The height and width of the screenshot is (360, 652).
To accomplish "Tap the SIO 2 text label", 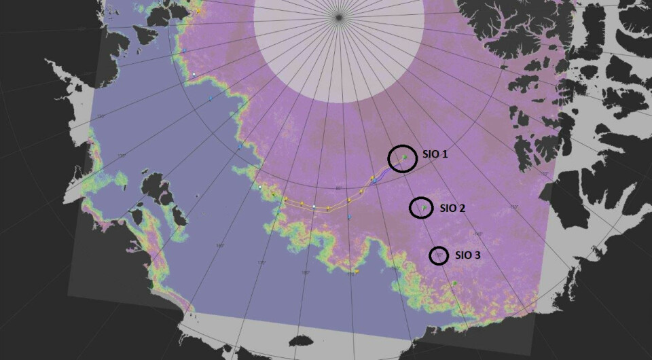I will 452,208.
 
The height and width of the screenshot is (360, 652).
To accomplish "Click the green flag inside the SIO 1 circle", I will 403,158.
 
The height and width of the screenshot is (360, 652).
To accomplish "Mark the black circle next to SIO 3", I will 439,255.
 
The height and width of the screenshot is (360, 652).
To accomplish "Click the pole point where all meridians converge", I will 338,16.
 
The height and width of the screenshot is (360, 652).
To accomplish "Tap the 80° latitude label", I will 339,188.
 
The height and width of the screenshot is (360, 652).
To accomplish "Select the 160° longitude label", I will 219,246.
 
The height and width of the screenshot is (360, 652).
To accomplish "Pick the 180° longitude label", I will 305,273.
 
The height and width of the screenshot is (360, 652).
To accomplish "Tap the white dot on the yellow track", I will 314,206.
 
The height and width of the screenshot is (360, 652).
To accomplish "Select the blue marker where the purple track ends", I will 374,181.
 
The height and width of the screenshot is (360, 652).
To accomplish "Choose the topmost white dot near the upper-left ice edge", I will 194,74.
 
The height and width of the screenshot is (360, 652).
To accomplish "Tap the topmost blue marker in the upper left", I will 184,52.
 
